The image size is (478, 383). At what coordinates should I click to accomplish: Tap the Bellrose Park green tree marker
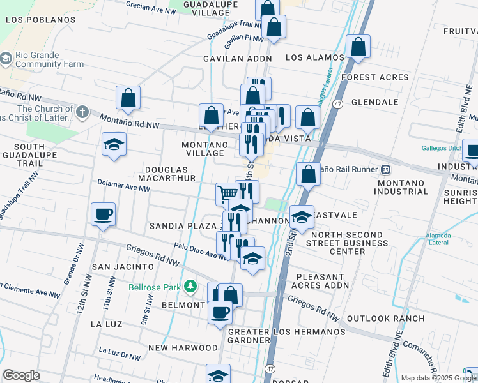tap(190, 287)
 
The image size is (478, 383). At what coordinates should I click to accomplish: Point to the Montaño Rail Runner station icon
tap(386, 169)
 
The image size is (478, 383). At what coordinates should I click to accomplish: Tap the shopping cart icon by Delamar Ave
tap(227, 193)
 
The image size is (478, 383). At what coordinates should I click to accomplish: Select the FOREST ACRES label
tap(374, 77)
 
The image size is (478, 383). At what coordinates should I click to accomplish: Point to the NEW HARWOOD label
tap(183, 348)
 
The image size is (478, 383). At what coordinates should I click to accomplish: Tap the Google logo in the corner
tap(21, 375)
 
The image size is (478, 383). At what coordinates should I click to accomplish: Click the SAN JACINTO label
tap(123, 266)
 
